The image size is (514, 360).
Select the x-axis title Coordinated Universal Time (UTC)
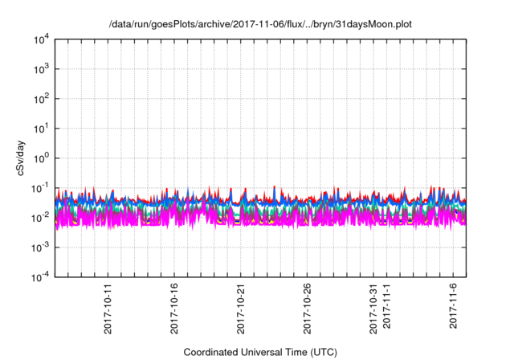[260, 352]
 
